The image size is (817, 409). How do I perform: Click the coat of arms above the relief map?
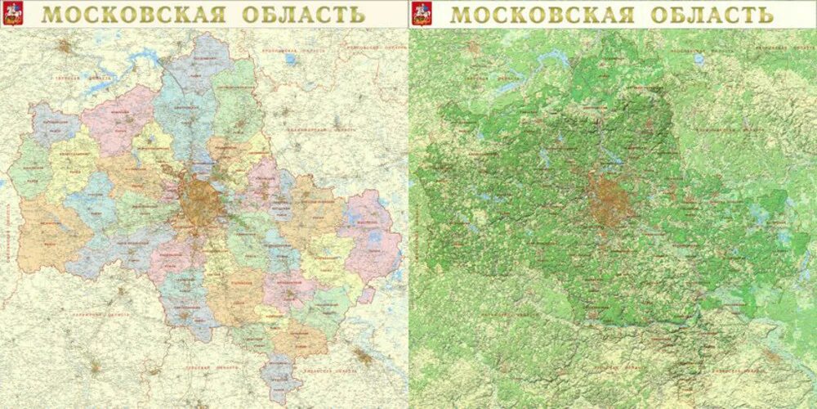tap(422, 13)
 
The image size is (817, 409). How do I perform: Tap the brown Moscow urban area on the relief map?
tap(605, 200)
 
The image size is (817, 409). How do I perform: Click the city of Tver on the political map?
tap(65, 46)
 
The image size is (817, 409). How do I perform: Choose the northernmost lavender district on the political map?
tap(196, 57)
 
